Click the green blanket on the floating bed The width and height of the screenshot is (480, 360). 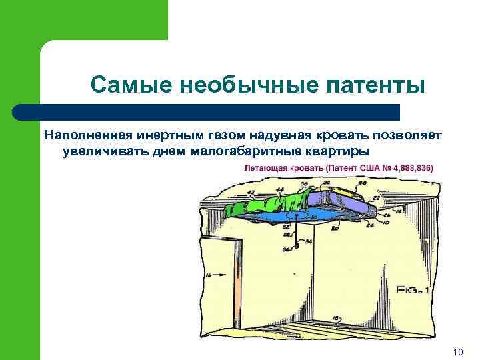[x=267, y=203]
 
